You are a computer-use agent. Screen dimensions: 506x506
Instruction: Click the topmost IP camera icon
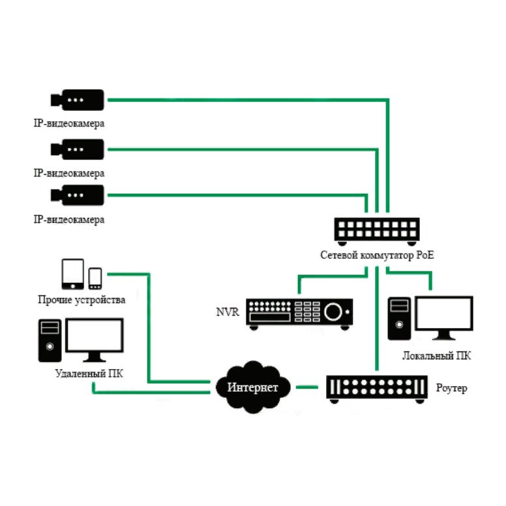tap(78, 99)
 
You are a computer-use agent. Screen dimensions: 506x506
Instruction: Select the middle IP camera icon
tap(78, 149)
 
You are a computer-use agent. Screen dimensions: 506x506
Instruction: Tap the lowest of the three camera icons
tap(78, 194)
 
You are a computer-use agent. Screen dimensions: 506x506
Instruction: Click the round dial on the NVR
tap(336, 311)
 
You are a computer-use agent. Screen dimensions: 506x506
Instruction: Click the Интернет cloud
tap(252, 387)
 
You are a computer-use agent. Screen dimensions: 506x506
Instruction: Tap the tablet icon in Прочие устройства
tap(72, 274)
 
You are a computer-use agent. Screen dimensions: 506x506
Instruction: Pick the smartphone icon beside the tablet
tap(95, 278)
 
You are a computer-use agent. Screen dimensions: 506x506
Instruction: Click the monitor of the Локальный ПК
tap(445, 317)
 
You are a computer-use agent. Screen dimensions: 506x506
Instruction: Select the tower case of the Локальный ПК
tap(399, 318)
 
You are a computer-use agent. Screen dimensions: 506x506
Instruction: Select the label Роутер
tap(451, 389)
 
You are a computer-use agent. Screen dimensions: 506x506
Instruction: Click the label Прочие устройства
tap(82, 300)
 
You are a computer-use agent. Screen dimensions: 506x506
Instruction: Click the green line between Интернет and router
tap(306, 387)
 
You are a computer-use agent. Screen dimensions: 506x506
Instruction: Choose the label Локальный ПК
tap(436, 356)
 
